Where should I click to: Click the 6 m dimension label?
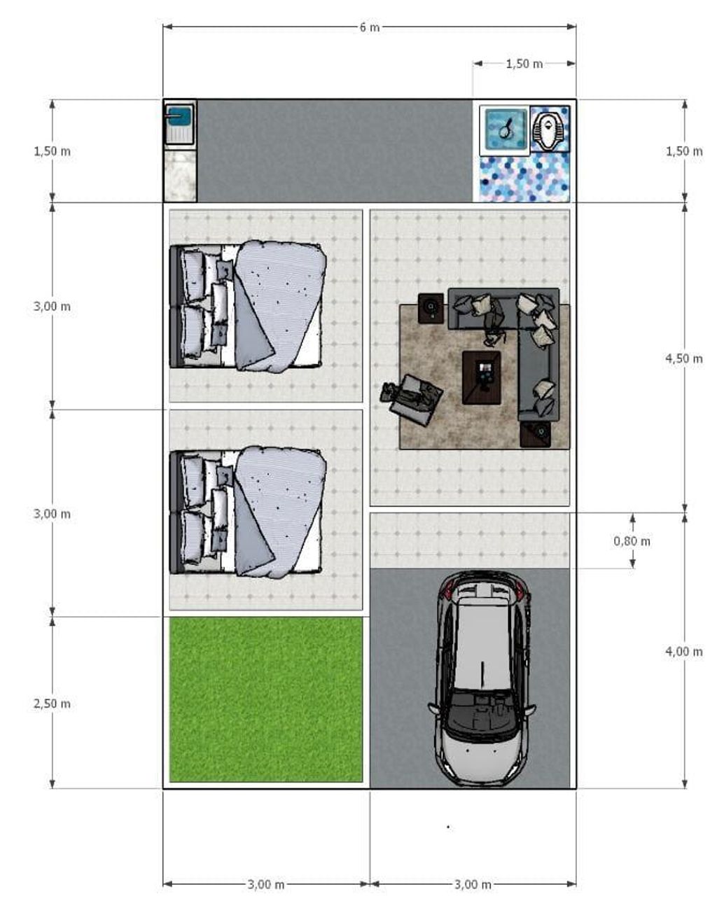[x=369, y=27]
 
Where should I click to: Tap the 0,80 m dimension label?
[x=632, y=541]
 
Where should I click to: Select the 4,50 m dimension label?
[x=684, y=358]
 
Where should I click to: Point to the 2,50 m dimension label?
[x=52, y=704]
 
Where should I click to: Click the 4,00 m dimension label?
[x=684, y=652]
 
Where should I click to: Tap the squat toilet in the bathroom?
[x=550, y=129]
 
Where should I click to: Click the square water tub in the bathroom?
[x=505, y=130]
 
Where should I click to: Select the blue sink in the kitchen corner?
[x=180, y=125]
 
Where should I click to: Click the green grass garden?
[x=266, y=699]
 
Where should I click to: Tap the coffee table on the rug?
[x=482, y=377]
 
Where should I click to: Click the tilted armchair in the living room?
[x=412, y=399]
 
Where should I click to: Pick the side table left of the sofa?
[x=431, y=309]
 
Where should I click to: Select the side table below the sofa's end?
[x=535, y=434]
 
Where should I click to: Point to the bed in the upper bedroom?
[x=247, y=307]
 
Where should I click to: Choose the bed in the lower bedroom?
[x=247, y=512]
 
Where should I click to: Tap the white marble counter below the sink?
[x=180, y=176]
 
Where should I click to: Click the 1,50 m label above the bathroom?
[x=524, y=64]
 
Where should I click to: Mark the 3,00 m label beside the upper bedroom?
[x=52, y=307]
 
